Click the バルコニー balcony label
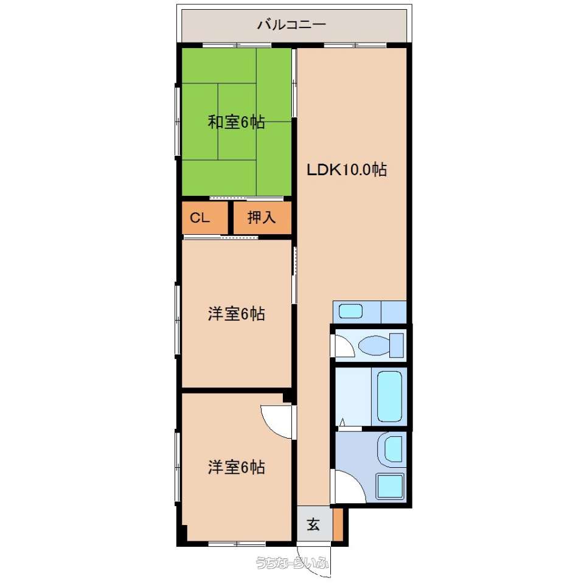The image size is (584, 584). point(291,24)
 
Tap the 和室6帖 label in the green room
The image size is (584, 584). point(236,122)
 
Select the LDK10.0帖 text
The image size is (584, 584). point(347,170)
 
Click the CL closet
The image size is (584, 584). point(204,218)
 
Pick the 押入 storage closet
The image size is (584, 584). point(262,218)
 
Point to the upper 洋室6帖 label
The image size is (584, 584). point(236,314)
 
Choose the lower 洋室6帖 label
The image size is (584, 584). point(236,467)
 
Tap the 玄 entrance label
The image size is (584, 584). point(313,525)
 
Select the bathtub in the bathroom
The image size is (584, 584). point(389,397)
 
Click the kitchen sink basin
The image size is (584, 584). point(350,311)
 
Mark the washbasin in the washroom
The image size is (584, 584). point(393,450)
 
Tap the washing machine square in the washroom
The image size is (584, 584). point(390,487)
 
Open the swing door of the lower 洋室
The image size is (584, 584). point(276,422)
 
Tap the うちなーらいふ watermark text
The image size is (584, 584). point(293,562)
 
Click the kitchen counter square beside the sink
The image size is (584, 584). point(394,312)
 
